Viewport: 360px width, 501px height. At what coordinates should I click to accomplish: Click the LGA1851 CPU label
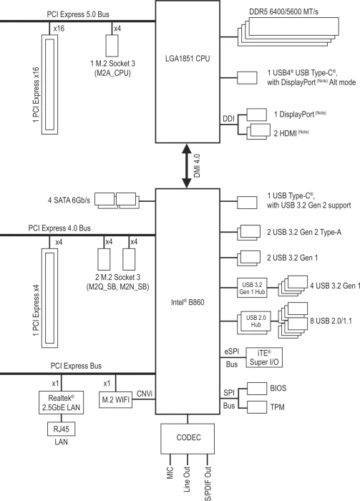click(188, 59)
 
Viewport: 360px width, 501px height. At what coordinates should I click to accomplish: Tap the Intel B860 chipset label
click(188, 302)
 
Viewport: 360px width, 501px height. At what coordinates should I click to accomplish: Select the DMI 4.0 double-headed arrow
click(187, 166)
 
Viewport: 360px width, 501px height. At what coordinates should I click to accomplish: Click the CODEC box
click(188, 439)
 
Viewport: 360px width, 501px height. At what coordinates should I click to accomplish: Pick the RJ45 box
click(61, 429)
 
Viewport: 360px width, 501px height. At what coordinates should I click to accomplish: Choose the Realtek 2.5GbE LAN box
click(61, 402)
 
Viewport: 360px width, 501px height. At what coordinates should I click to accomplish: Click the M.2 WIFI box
click(115, 399)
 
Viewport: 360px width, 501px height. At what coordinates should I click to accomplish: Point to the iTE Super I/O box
click(264, 358)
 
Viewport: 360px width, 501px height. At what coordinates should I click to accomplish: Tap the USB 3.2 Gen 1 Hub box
click(252, 288)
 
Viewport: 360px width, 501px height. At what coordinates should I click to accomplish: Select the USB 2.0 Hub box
click(256, 321)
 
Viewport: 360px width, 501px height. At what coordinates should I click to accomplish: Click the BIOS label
click(278, 388)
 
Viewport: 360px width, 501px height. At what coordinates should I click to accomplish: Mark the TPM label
click(277, 407)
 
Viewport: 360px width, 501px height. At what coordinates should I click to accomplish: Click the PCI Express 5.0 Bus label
click(78, 14)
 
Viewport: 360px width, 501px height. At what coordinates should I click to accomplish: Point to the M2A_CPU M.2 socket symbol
click(112, 45)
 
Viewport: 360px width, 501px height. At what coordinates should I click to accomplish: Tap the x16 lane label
click(59, 29)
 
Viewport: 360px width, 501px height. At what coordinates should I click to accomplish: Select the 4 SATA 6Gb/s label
click(69, 200)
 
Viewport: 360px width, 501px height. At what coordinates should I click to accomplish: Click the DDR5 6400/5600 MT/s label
click(283, 12)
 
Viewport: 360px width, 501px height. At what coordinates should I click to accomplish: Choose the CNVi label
click(145, 394)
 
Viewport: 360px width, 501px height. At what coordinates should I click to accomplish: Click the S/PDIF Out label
click(208, 483)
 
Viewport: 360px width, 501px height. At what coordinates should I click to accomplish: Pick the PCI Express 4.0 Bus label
click(59, 228)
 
